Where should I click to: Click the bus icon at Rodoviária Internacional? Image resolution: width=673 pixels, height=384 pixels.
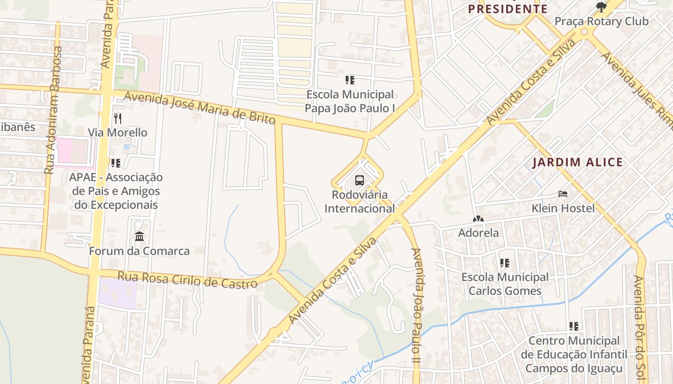[x=360, y=180]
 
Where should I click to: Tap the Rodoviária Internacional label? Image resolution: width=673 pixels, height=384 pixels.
[x=360, y=202]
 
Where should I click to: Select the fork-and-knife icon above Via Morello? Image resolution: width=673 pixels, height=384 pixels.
[x=118, y=118]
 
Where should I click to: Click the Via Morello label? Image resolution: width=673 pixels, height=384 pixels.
[x=118, y=132]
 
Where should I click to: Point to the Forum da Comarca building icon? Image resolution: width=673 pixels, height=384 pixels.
[x=139, y=236]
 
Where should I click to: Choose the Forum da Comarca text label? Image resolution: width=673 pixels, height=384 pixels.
[x=139, y=251]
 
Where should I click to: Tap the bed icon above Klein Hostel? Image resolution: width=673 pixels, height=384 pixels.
[x=563, y=194]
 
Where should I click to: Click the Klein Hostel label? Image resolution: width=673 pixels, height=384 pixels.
[x=563, y=208]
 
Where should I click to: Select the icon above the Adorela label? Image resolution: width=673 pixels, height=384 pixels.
[x=478, y=219]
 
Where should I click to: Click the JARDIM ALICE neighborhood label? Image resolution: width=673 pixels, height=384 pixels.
[x=577, y=162]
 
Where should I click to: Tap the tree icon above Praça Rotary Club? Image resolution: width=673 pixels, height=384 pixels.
[x=601, y=7]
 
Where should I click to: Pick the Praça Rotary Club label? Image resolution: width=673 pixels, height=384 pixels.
[x=601, y=21]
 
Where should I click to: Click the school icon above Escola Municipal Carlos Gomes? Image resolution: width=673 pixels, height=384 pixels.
[x=504, y=263]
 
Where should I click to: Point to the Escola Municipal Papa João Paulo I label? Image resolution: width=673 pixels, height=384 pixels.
[x=350, y=101]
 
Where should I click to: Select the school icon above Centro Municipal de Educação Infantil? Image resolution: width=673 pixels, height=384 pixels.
[x=573, y=326]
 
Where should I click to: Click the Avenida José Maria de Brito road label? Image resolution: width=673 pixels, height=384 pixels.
[x=199, y=108]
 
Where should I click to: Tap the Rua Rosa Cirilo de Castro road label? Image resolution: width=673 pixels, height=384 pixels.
[x=187, y=280]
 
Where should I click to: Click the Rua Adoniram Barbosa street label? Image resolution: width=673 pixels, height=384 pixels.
[x=54, y=110]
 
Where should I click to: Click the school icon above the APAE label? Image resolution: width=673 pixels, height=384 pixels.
[x=115, y=163]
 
